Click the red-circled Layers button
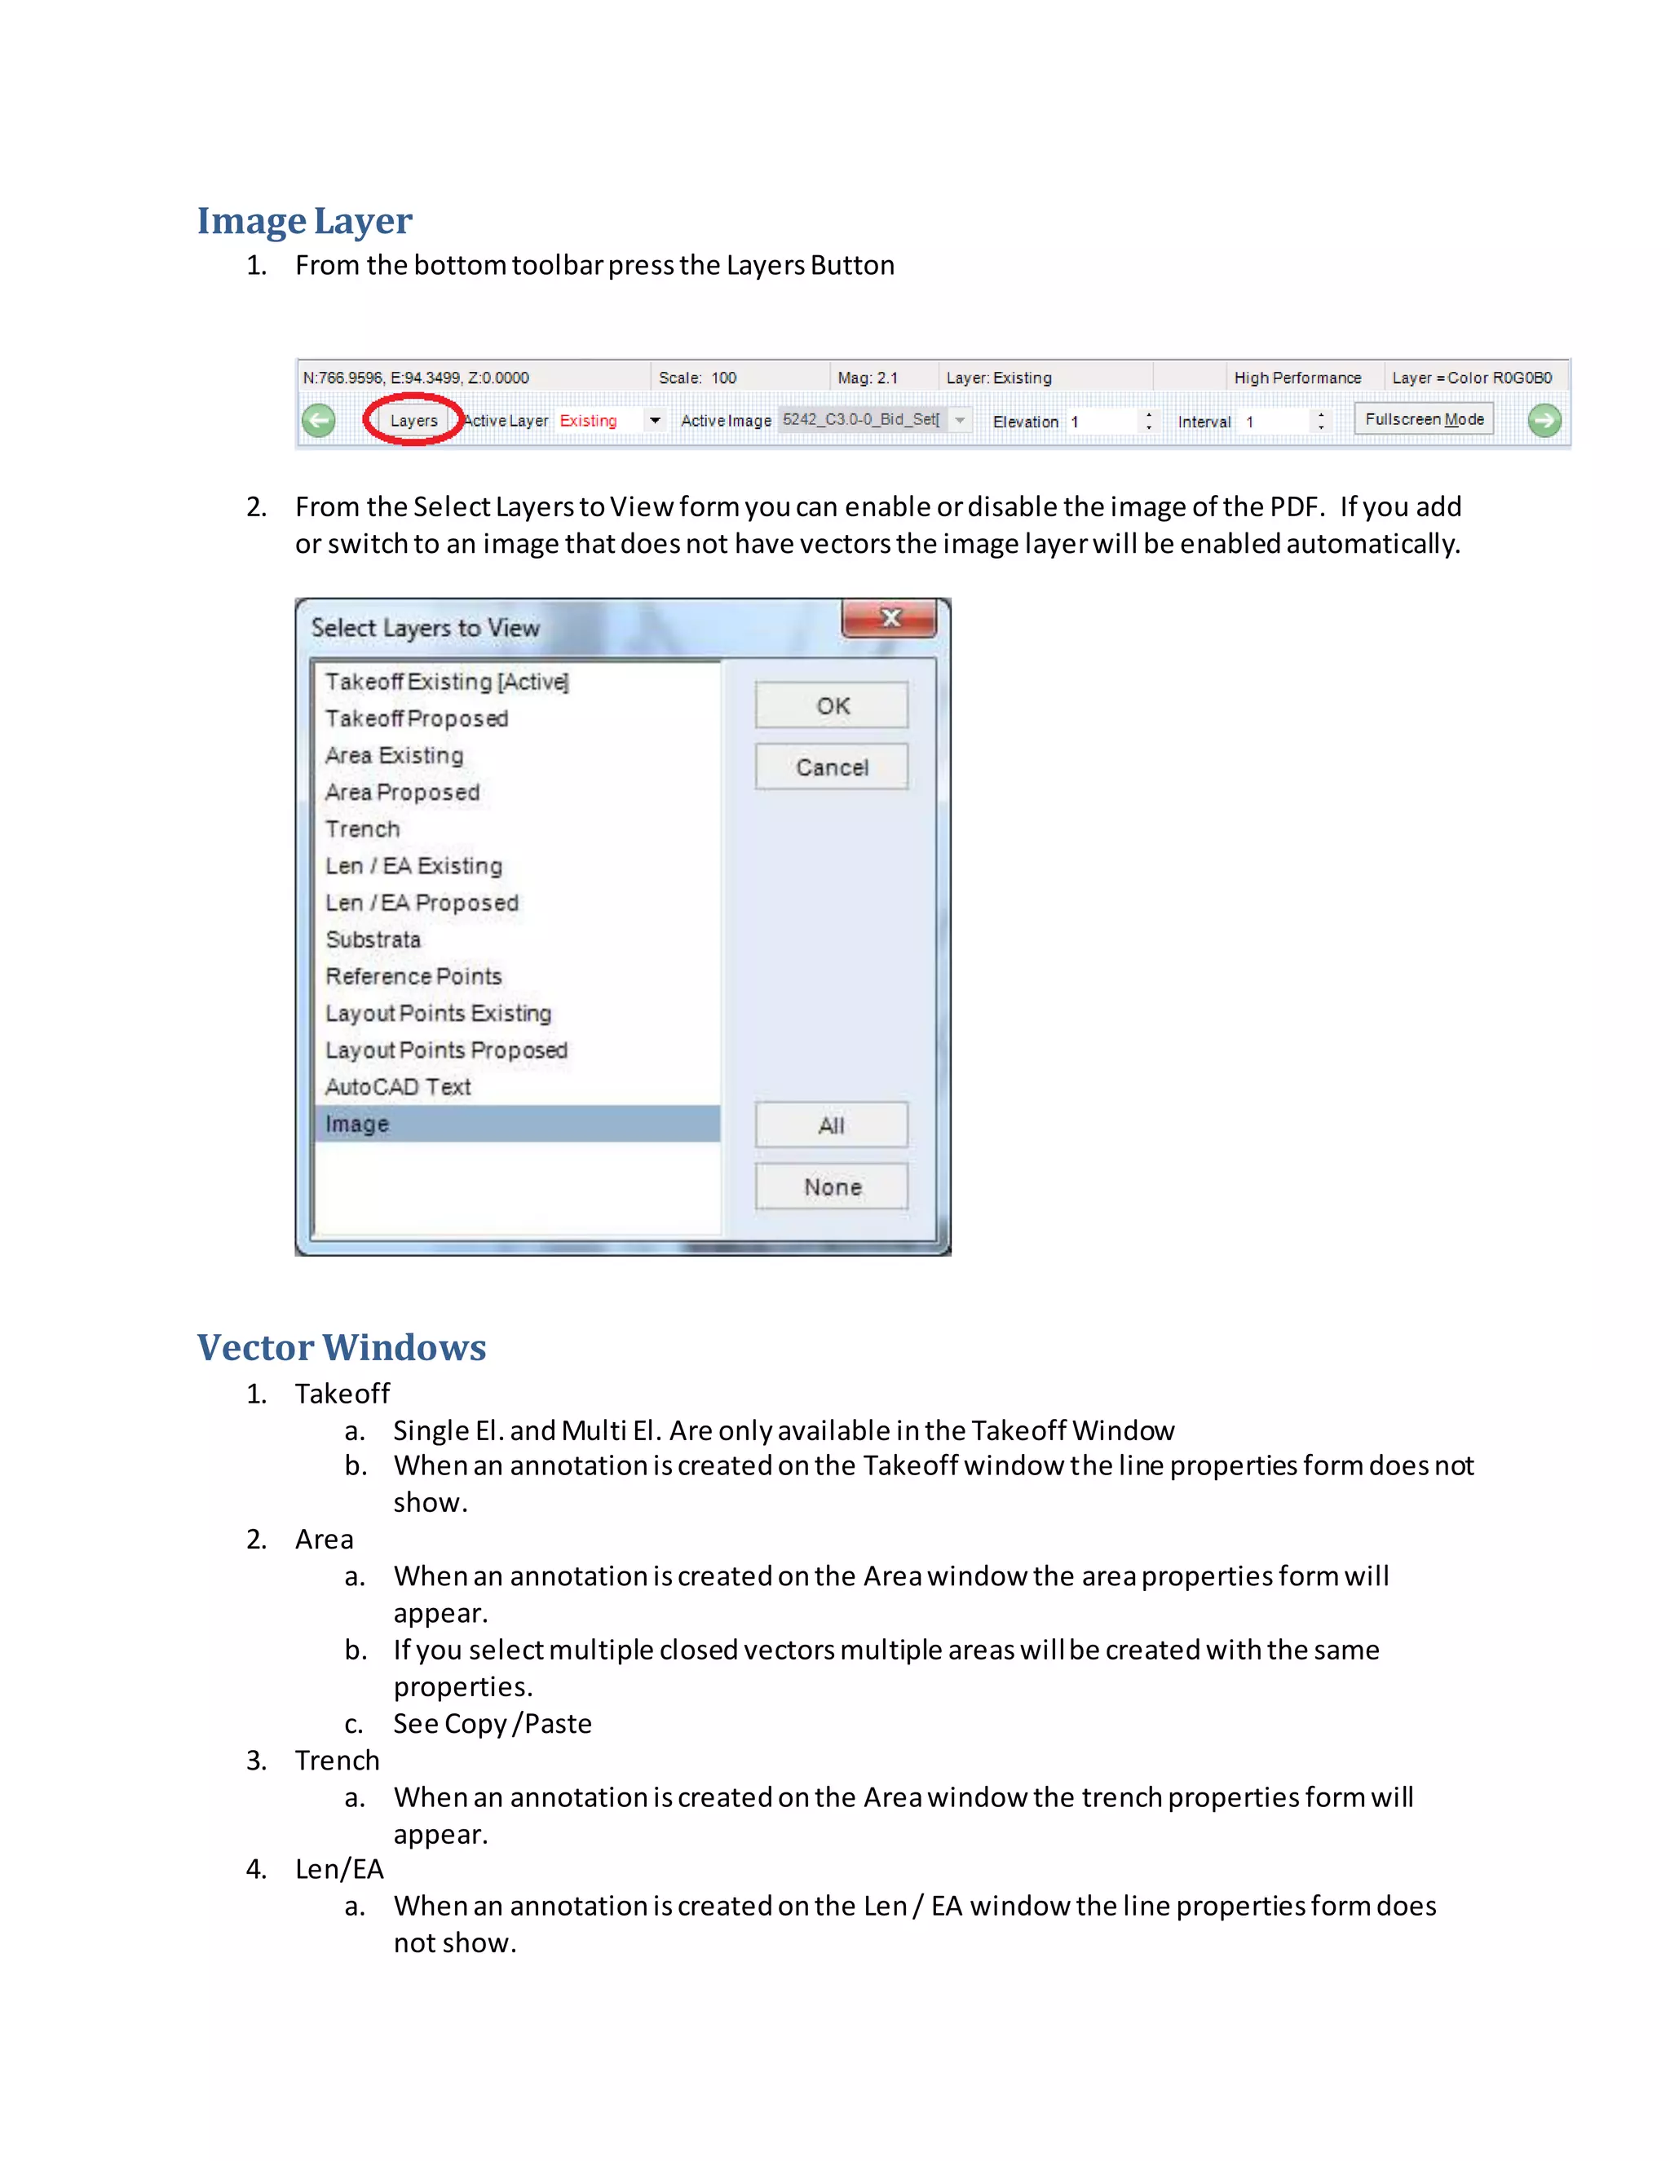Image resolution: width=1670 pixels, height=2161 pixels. coord(413,421)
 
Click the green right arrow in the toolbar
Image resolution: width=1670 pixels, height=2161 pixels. coord(1544,421)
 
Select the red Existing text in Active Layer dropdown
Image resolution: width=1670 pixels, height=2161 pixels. coord(589,421)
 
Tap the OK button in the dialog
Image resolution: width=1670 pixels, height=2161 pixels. coord(832,705)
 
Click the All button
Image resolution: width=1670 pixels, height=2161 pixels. coord(832,1125)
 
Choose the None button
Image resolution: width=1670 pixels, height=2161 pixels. coord(832,1187)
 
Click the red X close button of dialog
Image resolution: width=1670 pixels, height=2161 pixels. coord(890,618)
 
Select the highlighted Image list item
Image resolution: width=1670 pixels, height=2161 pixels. coord(358,1124)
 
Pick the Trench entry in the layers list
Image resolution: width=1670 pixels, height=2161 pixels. coord(363,829)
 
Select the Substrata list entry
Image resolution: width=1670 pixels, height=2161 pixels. coord(373,939)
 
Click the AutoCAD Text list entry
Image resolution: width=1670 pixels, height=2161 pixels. coord(398,1086)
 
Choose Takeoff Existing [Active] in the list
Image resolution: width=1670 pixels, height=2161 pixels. coord(446,682)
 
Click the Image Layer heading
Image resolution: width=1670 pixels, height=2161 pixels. coord(305,221)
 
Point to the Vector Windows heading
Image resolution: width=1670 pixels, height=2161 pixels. coord(342,1348)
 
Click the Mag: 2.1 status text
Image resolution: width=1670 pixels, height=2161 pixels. coord(868,378)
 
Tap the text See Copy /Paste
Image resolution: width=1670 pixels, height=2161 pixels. coord(493,1724)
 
